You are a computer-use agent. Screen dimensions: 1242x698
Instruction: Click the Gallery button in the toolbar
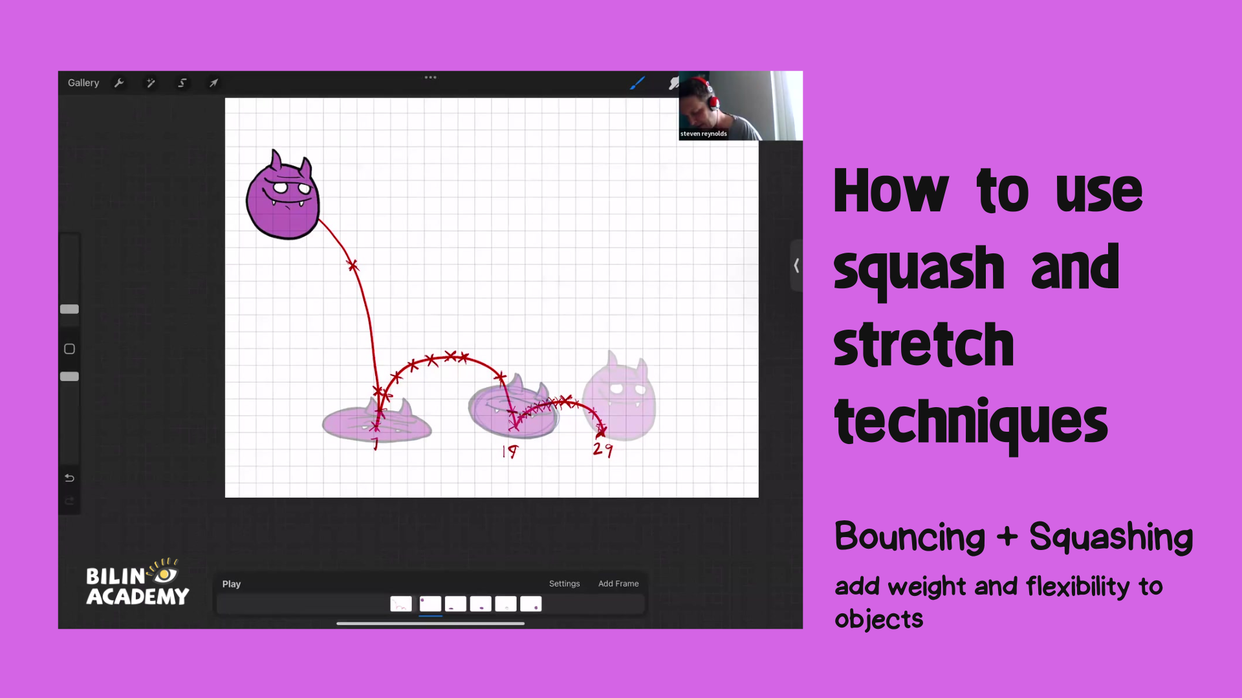click(83, 83)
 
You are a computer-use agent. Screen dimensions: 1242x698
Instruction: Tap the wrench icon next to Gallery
click(119, 83)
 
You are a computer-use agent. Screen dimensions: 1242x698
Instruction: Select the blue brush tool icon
click(637, 83)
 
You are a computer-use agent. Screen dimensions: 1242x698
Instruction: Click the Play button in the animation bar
click(232, 584)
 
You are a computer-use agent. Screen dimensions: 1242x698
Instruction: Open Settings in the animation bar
click(564, 584)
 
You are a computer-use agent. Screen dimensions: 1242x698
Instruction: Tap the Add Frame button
click(618, 584)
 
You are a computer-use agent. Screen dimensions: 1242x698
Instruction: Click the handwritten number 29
click(603, 449)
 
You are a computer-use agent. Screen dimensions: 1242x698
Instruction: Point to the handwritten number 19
click(510, 451)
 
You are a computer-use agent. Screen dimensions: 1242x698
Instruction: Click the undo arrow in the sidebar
click(70, 478)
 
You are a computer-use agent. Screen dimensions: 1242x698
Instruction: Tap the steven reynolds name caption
click(704, 134)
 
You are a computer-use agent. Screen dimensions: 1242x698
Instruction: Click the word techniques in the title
click(971, 422)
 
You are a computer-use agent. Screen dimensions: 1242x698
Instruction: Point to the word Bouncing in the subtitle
click(910, 537)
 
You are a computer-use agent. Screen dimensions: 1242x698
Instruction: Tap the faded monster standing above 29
click(619, 397)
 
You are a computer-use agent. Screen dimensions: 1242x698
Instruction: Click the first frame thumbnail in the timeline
click(401, 604)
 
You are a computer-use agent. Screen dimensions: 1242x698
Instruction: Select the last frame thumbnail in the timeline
click(531, 604)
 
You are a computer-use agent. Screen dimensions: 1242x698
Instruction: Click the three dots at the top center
click(431, 78)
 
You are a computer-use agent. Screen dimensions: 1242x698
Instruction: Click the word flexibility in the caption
click(1078, 587)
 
